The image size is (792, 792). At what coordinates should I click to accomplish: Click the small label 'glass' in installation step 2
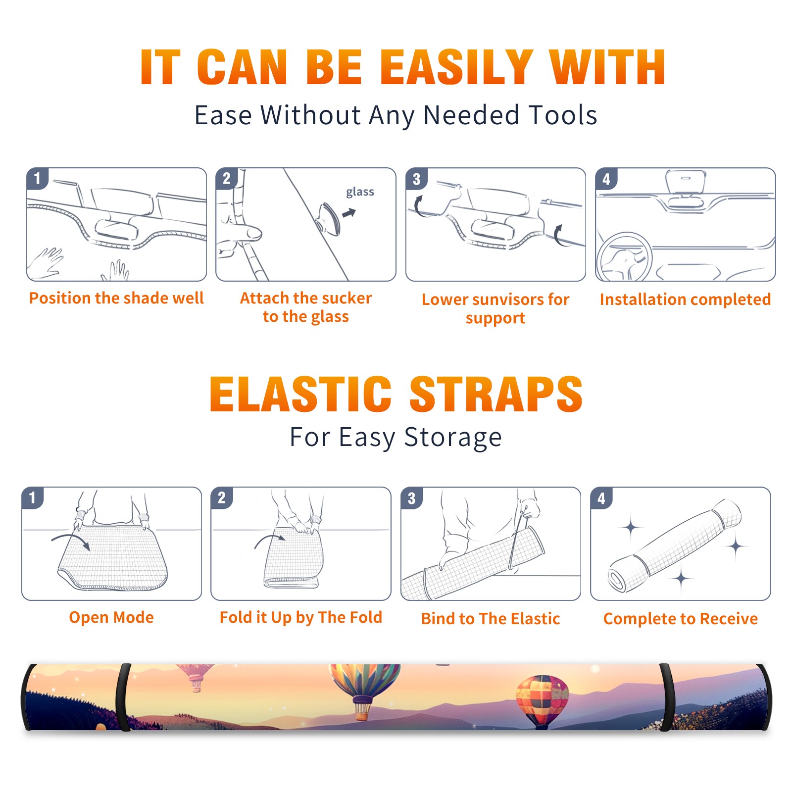point(360,192)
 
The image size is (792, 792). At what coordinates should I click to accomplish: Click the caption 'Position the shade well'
point(116,298)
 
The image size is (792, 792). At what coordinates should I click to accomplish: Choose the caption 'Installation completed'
point(685,299)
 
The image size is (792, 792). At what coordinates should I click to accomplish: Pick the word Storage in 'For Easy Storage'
point(453,438)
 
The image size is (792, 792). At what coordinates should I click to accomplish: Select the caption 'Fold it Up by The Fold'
point(301,617)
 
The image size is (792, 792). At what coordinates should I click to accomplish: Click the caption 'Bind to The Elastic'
point(491,619)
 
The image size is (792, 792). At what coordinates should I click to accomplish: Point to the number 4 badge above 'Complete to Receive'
point(601,498)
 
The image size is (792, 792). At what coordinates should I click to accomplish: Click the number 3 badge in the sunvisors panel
point(416,179)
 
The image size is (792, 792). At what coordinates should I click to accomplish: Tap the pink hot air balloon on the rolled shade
point(195,676)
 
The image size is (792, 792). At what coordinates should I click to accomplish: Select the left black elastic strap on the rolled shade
point(123,697)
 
